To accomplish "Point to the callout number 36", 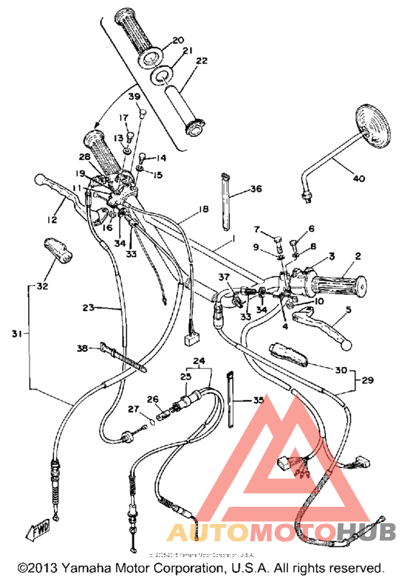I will pyautogui.click(x=255, y=189).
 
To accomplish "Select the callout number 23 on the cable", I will pyautogui.click(x=89, y=307).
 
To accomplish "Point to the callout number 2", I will pyautogui.click(x=357, y=255).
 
